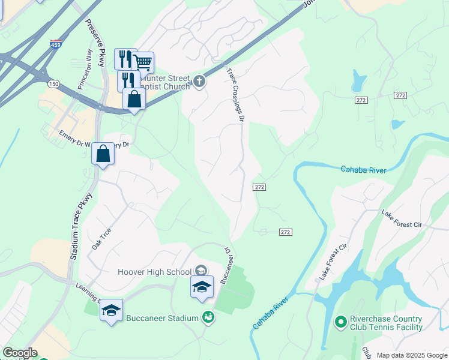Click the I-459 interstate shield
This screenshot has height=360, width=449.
tap(56, 44)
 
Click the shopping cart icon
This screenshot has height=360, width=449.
tap(143, 62)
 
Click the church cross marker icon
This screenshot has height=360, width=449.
tap(199, 81)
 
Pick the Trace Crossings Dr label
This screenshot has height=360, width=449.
tap(237, 96)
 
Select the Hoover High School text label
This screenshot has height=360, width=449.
tap(155, 272)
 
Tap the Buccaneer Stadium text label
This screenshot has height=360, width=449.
tap(162, 318)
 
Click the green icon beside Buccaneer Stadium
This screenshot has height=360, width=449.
tap(208, 316)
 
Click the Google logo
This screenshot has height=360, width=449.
tap(20, 353)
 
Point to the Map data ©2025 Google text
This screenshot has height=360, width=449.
tap(412, 355)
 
